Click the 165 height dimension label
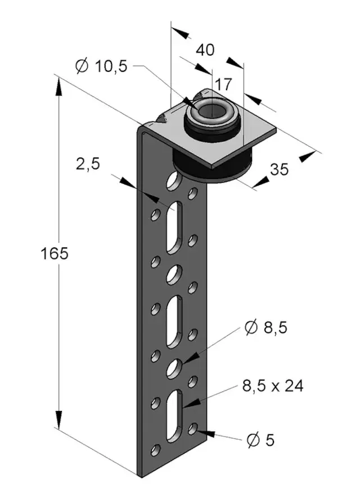pyautogui.click(x=55, y=253)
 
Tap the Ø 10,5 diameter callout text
pyautogui.click(x=101, y=66)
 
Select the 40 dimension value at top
pyautogui.click(x=205, y=49)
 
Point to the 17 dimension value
pyautogui.click(x=223, y=84)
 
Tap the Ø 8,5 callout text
pyautogui.click(x=266, y=327)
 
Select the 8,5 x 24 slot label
pyautogui.click(x=272, y=386)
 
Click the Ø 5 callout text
pyautogui.click(x=260, y=440)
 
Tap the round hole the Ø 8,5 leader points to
pyautogui.click(x=175, y=368)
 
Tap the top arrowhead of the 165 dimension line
pyautogui.click(x=58, y=84)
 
